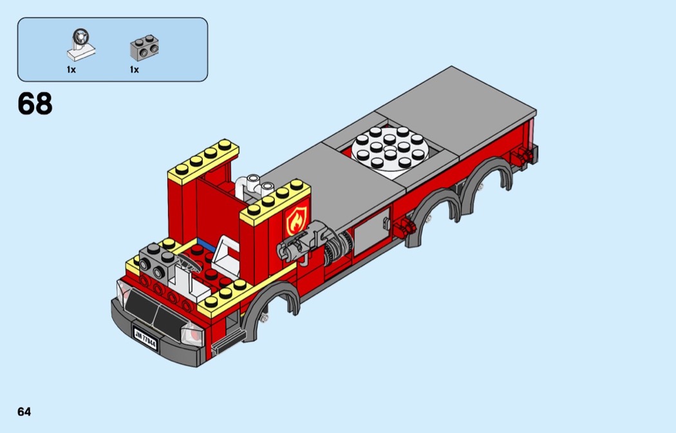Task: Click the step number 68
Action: click(x=35, y=104)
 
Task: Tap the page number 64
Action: click(x=24, y=412)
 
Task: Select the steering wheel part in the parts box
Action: click(x=80, y=45)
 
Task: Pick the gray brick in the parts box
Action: click(x=144, y=48)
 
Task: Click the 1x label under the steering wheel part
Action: click(x=71, y=69)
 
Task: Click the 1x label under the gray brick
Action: click(x=135, y=69)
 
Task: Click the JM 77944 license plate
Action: click(x=146, y=339)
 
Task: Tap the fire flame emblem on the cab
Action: click(x=296, y=219)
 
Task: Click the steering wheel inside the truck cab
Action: click(x=189, y=261)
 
